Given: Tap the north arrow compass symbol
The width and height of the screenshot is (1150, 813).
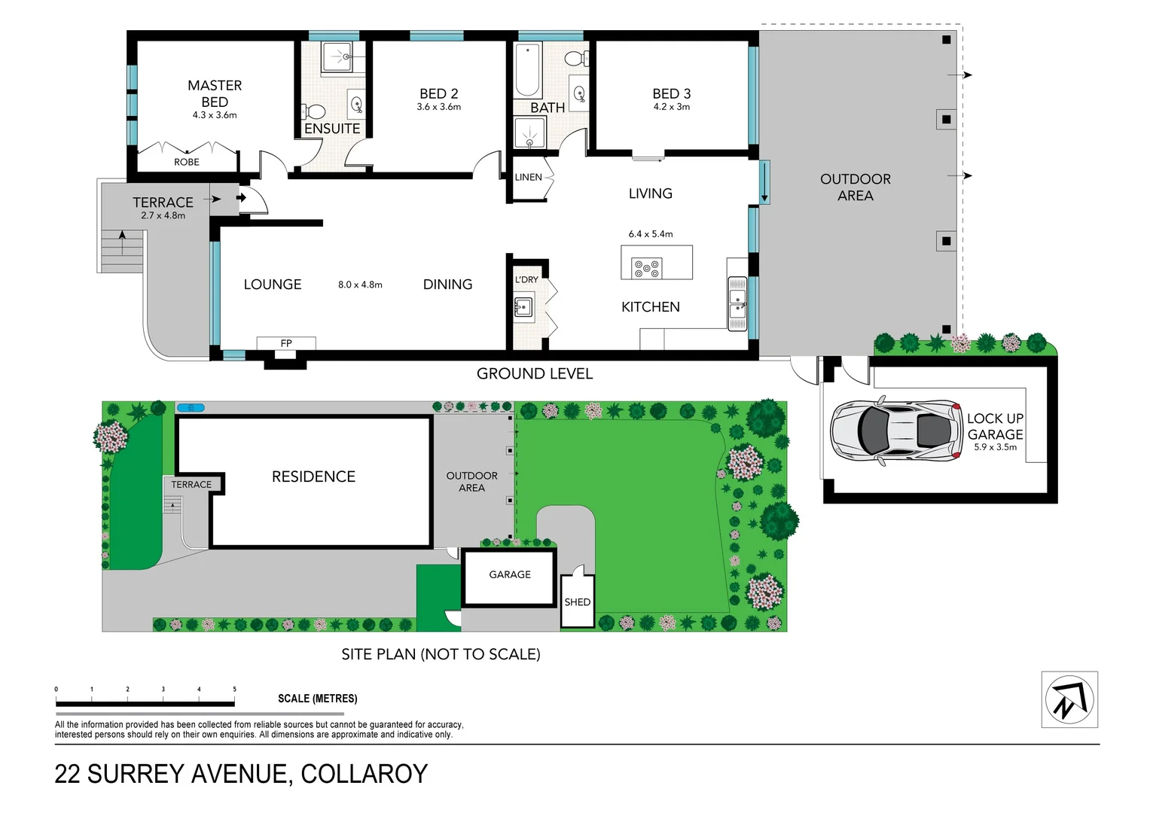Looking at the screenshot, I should pos(1069,699).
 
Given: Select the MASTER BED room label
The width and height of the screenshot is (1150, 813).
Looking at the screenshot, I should pos(215,93).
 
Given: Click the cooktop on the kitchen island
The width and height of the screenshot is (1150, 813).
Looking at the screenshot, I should pos(646,268).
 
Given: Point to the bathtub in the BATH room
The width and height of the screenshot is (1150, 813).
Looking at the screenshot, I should pos(527,69).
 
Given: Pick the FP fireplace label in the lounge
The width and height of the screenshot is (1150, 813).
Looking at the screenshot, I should pos(286,343).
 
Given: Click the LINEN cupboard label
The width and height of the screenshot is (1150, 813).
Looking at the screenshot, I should pos(528,178).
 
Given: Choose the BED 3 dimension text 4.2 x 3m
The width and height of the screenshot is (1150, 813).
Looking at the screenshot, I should pos(671,107).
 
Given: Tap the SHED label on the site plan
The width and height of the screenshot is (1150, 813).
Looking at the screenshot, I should pos(577,602).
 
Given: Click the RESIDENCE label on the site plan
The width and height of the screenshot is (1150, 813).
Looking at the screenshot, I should pos(313,477).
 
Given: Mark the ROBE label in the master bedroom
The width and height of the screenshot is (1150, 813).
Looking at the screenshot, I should pos(187,162).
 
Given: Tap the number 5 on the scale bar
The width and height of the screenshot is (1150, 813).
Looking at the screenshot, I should pos(234,689).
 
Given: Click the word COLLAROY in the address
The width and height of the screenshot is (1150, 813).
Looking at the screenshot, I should pos(364,774).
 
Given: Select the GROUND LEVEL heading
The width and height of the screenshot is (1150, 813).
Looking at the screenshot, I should pos(534,374).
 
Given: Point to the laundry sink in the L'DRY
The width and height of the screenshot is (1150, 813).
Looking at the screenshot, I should pos(523,307).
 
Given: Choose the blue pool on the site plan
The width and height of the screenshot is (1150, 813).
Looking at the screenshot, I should pos(191,408).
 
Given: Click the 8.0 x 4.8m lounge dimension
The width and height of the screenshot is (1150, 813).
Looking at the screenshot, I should pos(360,285).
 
